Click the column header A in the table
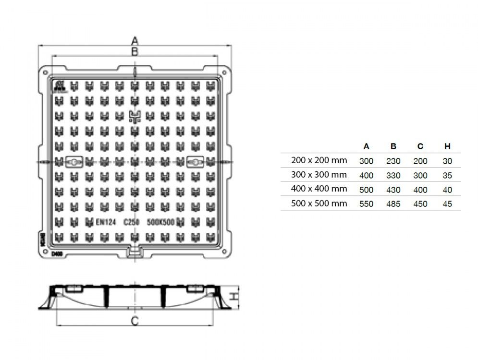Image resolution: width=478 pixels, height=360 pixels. [367, 146]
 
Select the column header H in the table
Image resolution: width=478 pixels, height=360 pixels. [447, 146]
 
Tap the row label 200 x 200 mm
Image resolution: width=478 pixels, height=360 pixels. [319, 160]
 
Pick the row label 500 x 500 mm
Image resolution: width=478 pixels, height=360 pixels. [319, 204]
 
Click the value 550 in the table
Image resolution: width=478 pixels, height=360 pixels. [367, 204]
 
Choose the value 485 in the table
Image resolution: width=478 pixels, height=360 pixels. [393, 204]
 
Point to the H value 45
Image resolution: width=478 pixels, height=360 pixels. [447, 204]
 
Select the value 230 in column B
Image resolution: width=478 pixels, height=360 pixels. [393, 161]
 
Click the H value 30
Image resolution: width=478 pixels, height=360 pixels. [447, 161]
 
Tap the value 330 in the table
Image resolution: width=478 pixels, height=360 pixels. [393, 175]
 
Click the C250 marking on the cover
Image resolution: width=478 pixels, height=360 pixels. [131, 222]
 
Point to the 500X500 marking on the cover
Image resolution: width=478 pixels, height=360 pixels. [160, 222]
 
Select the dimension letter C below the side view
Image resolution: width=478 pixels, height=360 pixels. [135, 321]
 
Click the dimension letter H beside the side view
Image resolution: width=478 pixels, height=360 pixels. [233, 297]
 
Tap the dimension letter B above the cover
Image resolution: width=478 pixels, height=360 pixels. [135, 51]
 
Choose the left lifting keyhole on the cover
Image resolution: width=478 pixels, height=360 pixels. [74, 162]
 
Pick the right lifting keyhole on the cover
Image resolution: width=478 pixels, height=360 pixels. [195, 162]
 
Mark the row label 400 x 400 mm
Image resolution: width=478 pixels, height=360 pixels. [319, 189]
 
